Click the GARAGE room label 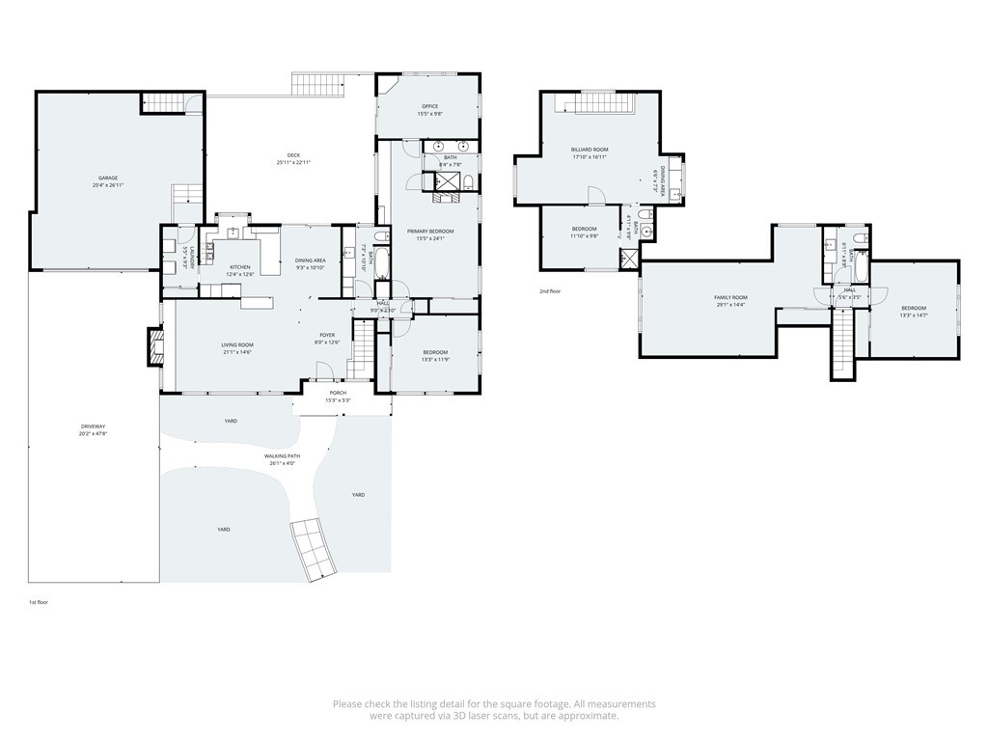point(107,178)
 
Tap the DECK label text point(293,155)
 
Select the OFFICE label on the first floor point(429,106)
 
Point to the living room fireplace point(153,347)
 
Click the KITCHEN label point(239,267)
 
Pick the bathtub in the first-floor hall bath point(378,261)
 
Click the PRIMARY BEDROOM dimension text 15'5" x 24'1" point(429,238)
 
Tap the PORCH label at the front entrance point(338,393)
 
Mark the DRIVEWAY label point(94,426)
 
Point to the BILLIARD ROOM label point(589,150)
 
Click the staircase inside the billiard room point(597,103)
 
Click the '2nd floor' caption point(550,290)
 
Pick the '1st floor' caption point(39,601)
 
